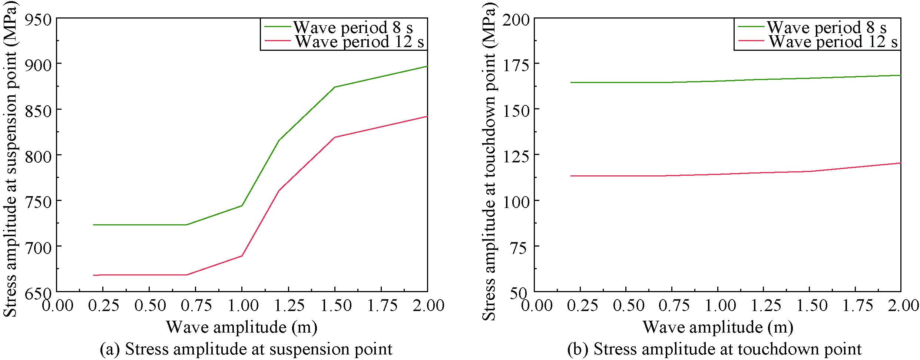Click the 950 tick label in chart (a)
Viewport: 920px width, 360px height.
(38, 20)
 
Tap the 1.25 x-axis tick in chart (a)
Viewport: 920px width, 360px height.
(288, 306)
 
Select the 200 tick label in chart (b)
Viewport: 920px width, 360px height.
(516, 20)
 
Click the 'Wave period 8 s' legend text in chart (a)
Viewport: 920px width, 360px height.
(353, 27)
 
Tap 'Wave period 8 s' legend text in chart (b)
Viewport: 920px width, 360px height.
(827, 27)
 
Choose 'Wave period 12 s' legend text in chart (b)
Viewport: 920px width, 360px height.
(833, 42)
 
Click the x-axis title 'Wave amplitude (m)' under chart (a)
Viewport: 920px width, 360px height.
(242, 327)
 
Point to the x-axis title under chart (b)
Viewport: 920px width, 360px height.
(718, 327)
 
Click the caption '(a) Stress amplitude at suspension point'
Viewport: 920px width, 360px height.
(246, 349)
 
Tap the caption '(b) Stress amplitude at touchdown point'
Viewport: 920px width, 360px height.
(715, 349)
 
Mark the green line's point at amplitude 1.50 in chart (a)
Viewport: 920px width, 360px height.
(335, 87)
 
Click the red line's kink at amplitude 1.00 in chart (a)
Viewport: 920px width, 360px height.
(242, 256)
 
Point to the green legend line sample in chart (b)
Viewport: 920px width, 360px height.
(751, 27)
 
